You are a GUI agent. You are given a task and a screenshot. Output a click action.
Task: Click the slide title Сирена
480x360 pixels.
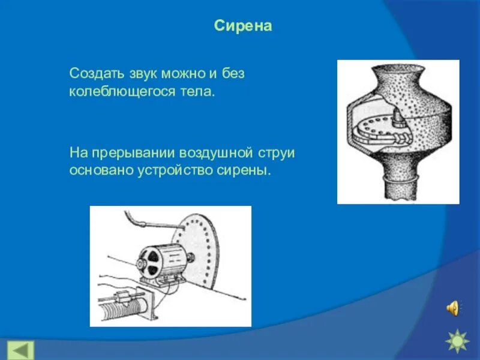pyautogui.click(x=243, y=26)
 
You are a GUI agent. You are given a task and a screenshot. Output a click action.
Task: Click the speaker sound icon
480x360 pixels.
pyautogui.click(x=453, y=308)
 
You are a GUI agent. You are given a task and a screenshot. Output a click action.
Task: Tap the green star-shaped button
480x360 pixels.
pyautogui.click(x=457, y=341)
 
